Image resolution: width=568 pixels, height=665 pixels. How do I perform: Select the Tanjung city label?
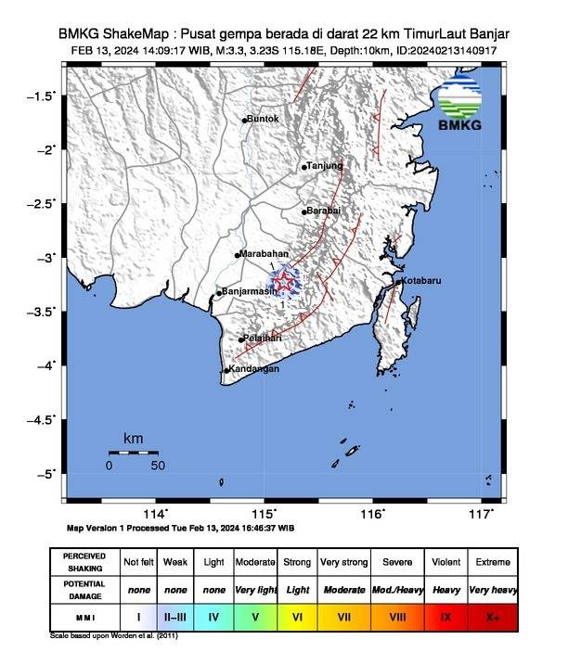tap(326, 166)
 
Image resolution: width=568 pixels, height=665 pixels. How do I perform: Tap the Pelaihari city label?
tap(261, 339)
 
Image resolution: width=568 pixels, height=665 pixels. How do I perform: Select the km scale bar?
tap(133, 453)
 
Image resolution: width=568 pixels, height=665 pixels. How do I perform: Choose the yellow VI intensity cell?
tap(297, 615)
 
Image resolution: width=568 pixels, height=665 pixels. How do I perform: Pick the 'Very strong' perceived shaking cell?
tap(344, 562)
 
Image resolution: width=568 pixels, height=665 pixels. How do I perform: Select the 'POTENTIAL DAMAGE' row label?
tap(85, 589)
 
